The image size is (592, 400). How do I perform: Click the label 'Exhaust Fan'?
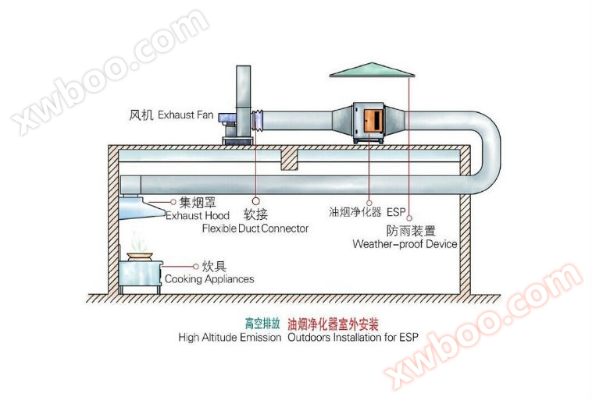point(186,115)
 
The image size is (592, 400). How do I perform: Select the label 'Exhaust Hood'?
point(197,215)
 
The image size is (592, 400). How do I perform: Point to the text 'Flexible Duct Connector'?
point(255,228)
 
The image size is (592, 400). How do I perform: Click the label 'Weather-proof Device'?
point(405,244)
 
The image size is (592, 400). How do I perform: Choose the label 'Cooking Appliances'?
point(209,279)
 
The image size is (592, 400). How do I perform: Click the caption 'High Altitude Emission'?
point(229,338)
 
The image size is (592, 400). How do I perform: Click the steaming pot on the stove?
point(141,254)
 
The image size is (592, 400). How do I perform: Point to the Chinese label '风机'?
point(140,115)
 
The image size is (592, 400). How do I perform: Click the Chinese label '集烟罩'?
point(197,202)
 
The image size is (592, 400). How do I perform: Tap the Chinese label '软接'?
point(255,214)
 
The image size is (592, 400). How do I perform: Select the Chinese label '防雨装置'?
point(411,231)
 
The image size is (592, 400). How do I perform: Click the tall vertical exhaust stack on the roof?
point(242,97)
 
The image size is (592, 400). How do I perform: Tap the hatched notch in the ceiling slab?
point(289,159)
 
